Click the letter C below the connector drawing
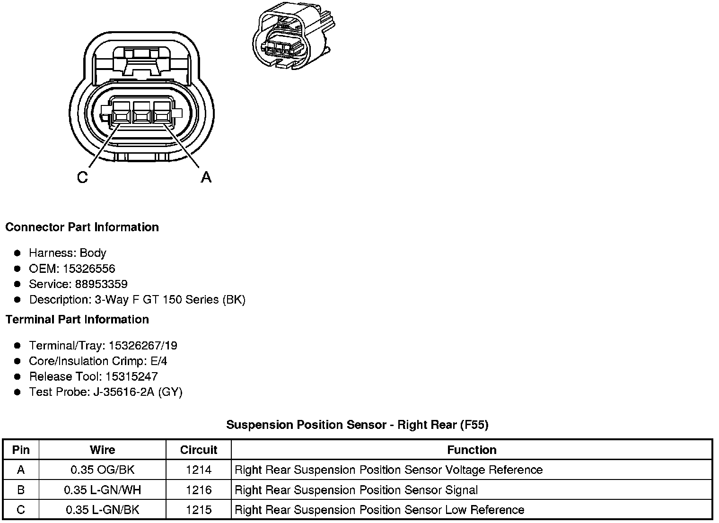(82, 178)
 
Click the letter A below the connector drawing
(206, 178)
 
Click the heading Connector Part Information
(82, 227)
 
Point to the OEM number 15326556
(89, 269)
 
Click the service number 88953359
(101, 284)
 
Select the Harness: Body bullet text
(68, 253)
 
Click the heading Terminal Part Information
(77, 320)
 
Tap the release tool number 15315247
(132, 377)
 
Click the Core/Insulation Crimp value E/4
(158, 361)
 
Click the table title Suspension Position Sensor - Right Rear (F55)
(357, 425)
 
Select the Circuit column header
(199, 450)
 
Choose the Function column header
(472, 450)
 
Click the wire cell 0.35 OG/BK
(103, 470)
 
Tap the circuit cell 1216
(199, 490)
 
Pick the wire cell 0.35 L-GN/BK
(103, 510)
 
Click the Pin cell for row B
(21, 490)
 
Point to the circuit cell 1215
(199, 510)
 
